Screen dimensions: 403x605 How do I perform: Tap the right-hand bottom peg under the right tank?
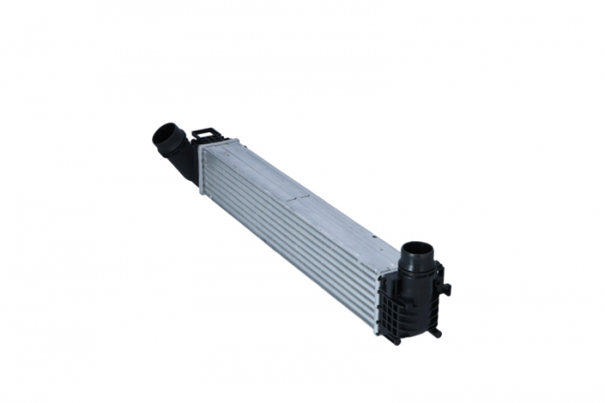tap(436, 331)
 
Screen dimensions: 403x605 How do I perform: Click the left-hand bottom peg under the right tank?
tap(395, 338)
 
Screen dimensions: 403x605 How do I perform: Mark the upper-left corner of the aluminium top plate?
tap(201, 144)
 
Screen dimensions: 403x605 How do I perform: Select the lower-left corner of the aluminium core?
tap(201, 192)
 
